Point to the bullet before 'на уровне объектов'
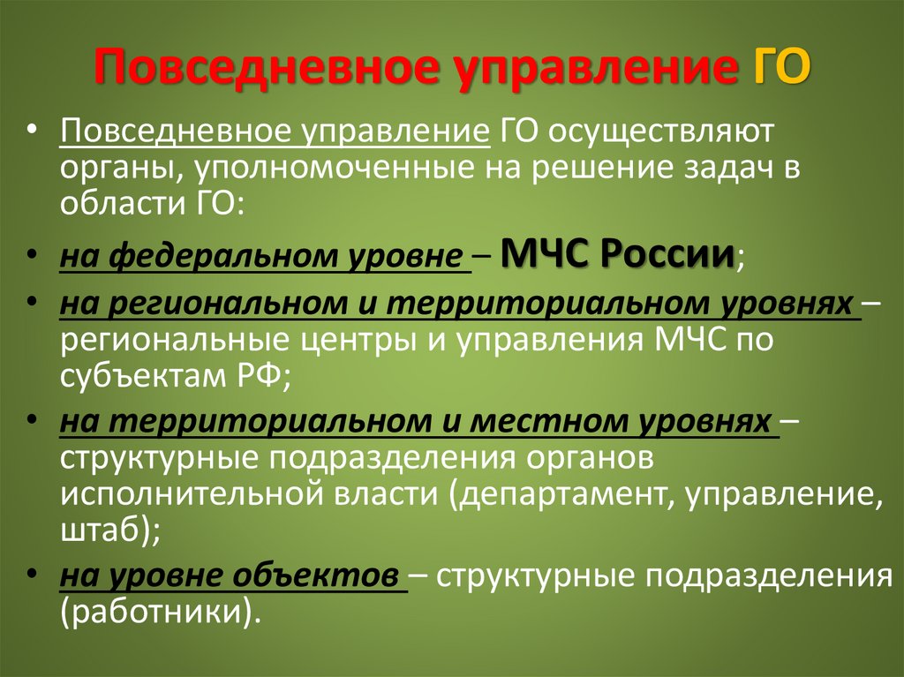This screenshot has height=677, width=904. (x=32, y=575)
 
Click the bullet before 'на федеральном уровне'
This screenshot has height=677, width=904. (x=32, y=258)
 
